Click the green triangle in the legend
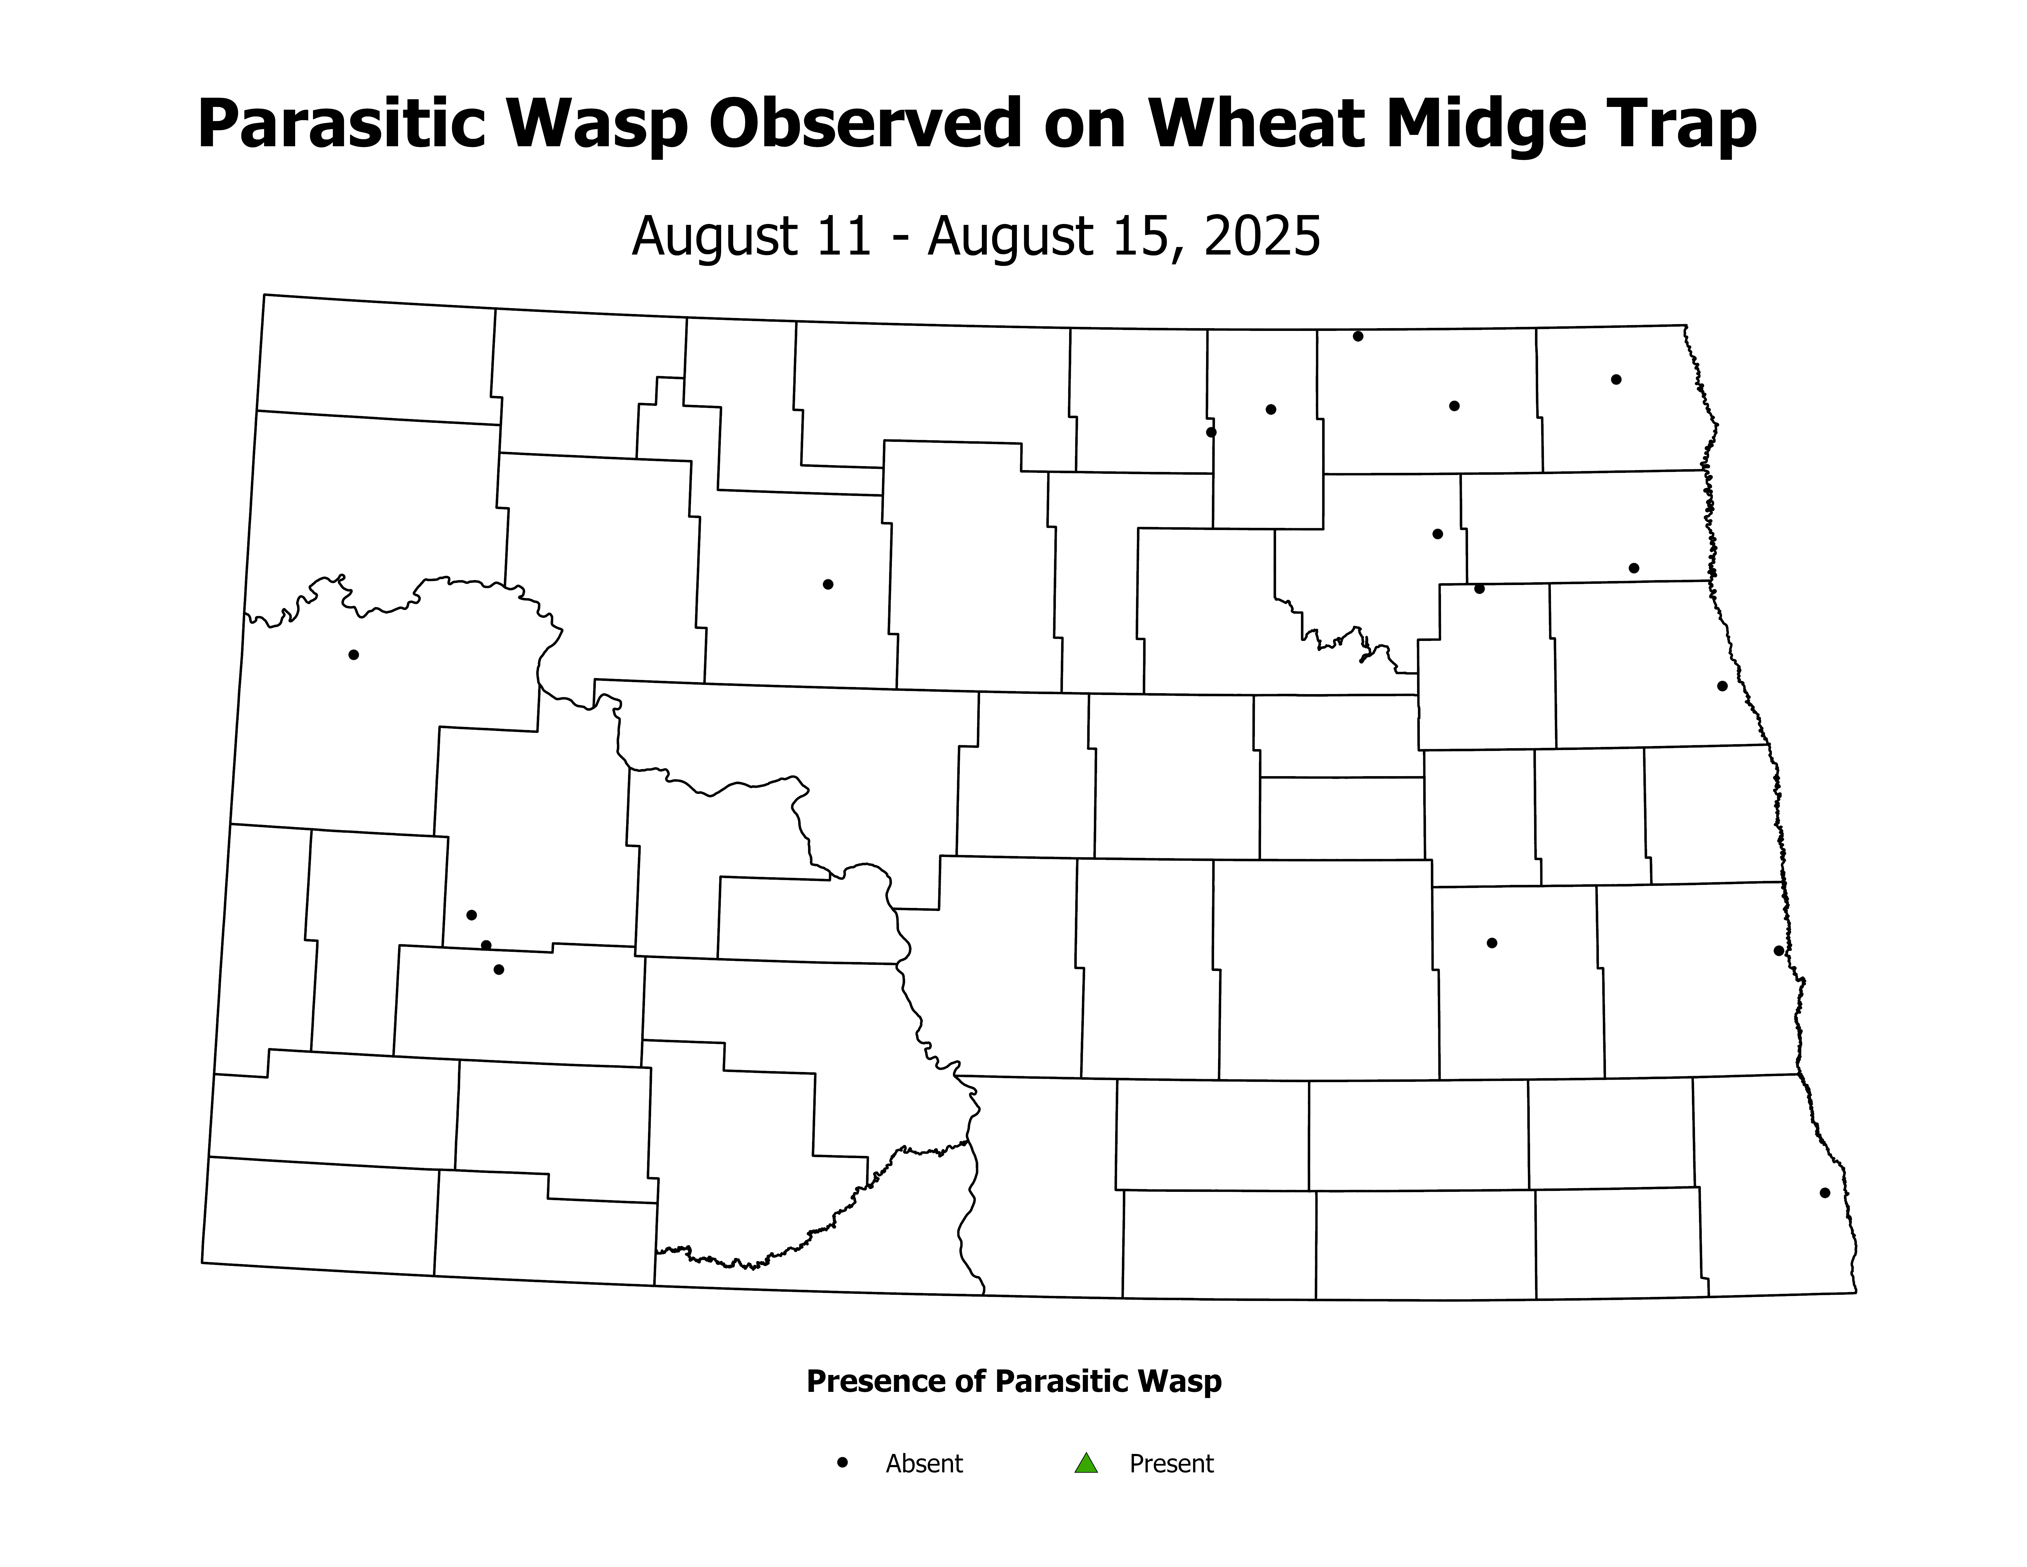(1086, 1464)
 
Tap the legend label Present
(1171, 1464)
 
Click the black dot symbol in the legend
(843, 1462)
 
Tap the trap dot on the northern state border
(1358, 336)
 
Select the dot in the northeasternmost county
(1616, 379)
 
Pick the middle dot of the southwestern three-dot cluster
(485, 945)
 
